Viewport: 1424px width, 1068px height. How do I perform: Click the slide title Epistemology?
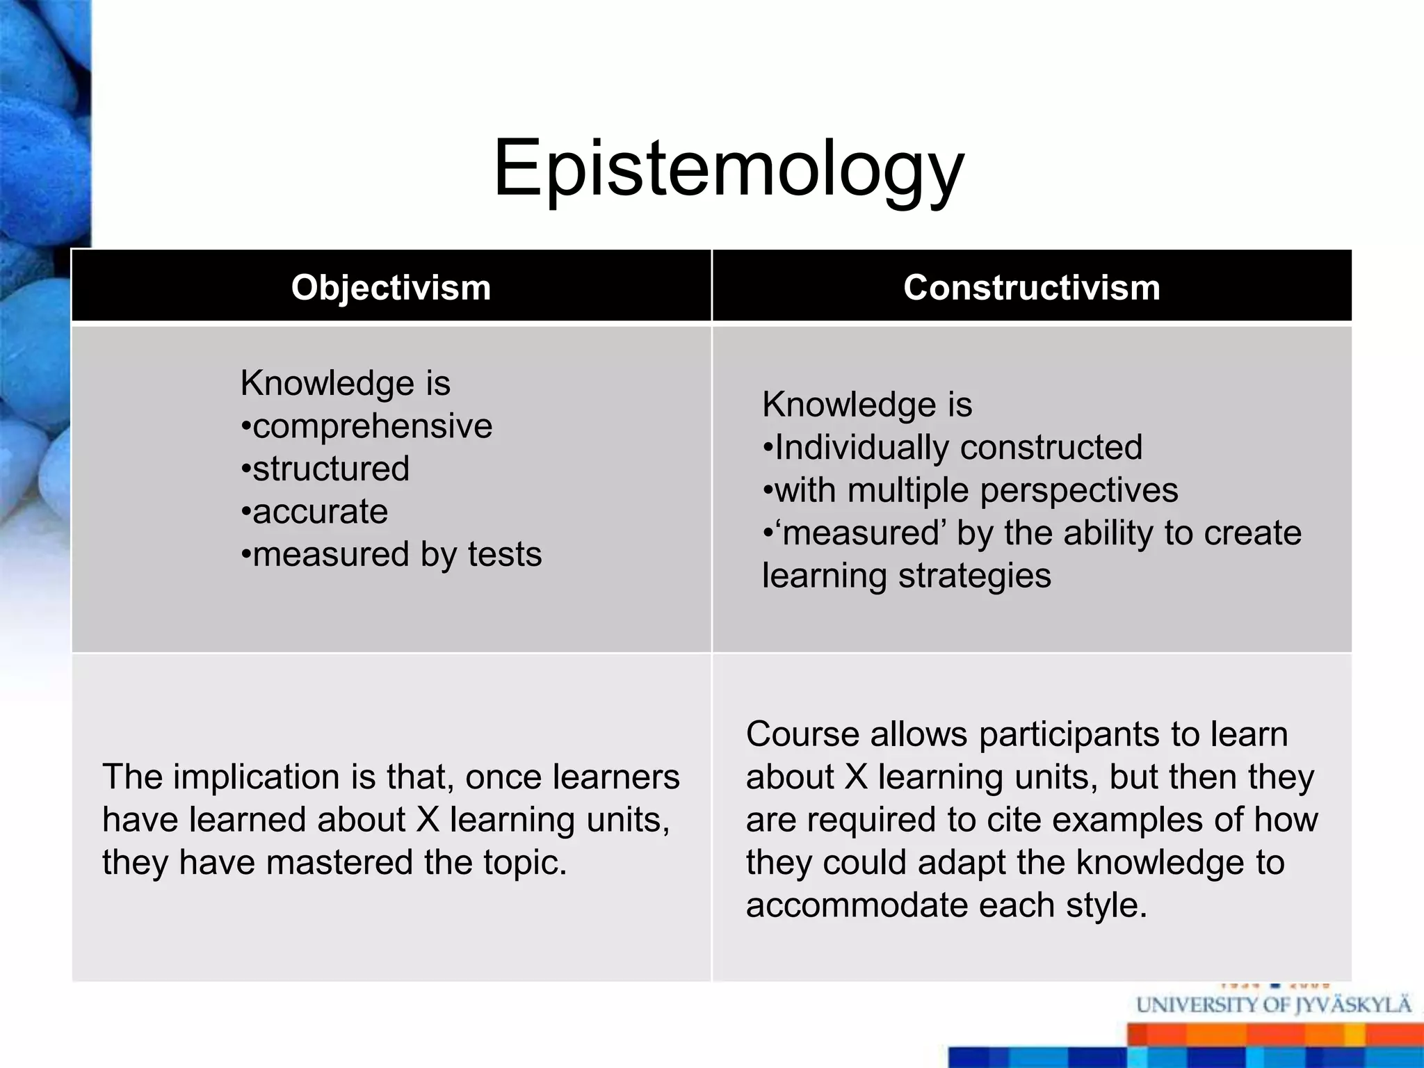[x=728, y=170]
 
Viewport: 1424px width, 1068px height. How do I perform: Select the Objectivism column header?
[x=391, y=288]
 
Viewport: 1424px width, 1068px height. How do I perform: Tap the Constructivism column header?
[x=1032, y=288]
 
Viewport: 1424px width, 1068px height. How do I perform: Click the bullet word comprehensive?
[x=372, y=426]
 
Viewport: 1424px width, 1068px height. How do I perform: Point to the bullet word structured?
[x=331, y=469]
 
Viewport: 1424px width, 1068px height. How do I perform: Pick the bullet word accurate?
[x=320, y=512]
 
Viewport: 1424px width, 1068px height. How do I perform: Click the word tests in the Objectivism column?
[x=505, y=555]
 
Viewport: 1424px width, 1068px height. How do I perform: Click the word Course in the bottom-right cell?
[x=798, y=734]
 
